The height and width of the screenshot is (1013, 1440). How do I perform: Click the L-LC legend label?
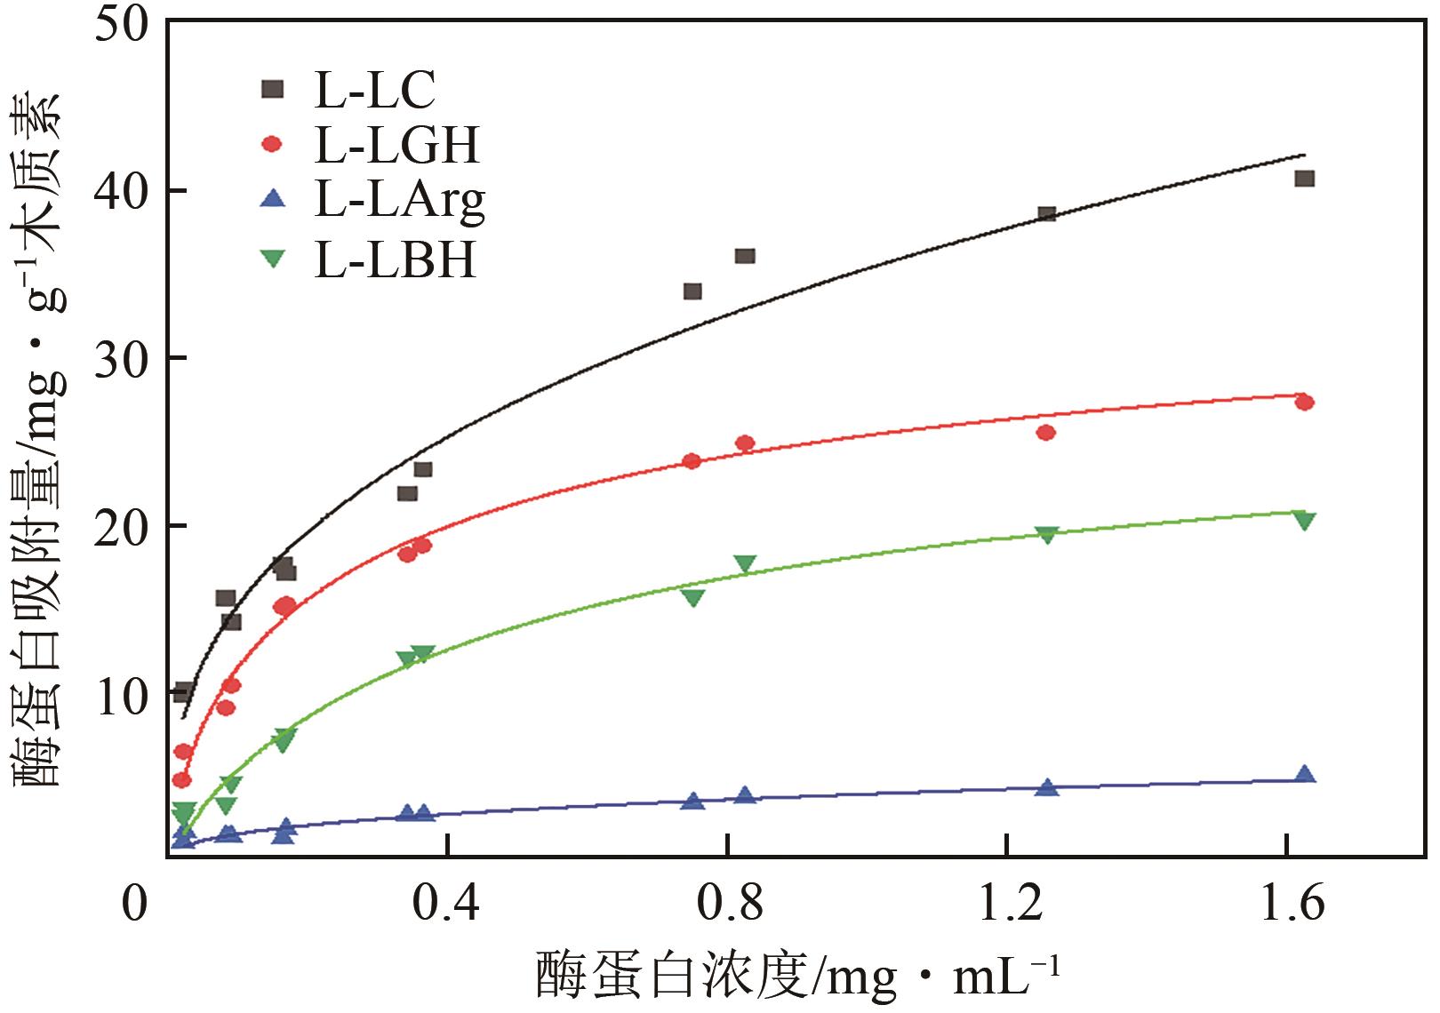[374, 89]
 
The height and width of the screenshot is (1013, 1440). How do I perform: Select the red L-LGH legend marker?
[273, 144]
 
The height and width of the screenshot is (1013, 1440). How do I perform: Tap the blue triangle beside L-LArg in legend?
[274, 201]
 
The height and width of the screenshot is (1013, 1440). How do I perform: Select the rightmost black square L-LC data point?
[1304, 179]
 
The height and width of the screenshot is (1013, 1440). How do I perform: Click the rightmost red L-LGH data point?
[1304, 403]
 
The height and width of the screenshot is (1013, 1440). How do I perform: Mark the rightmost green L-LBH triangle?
[1304, 521]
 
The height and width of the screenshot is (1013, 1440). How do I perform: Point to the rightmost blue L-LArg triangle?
[1304, 774]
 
